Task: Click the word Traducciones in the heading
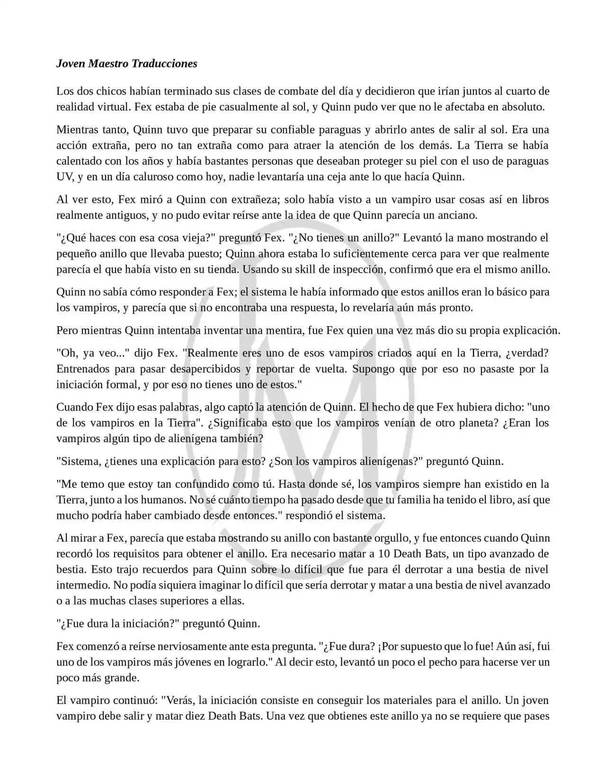pyautogui.click(x=164, y=63)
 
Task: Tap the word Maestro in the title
pyautogui.click(x=108, y=63)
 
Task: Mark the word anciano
pyautogui.click(x=456, y=215)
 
